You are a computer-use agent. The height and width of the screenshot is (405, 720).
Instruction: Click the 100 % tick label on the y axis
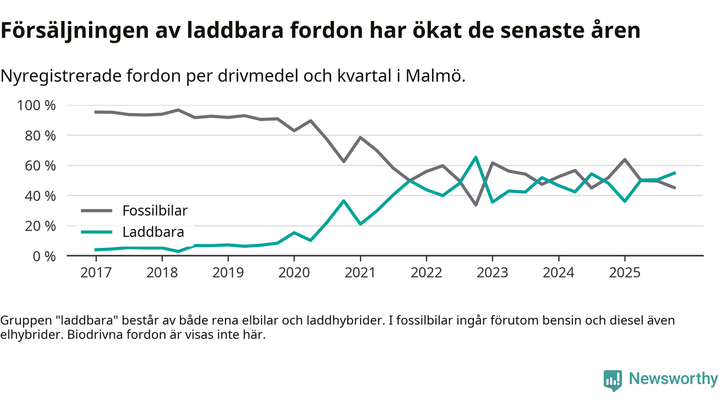point(37,105)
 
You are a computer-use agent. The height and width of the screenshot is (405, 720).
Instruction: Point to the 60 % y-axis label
point(40,165)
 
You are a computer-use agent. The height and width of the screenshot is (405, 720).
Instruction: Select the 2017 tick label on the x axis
point(96,272)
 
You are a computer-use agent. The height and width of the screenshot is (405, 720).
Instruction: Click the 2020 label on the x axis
point(294,272)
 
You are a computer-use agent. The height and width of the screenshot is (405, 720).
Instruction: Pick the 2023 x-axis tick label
point(492,272)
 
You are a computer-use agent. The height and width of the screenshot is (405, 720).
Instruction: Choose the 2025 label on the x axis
point(624,272)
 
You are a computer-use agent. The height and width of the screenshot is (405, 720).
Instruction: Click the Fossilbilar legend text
point(155,211)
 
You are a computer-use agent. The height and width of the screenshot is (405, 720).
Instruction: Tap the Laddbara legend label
point(153,232)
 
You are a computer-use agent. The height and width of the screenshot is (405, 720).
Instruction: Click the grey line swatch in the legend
point(97,211)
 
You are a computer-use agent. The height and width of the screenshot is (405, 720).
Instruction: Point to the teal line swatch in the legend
point(97,232)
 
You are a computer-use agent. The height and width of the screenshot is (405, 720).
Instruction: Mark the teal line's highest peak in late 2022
point(476,157)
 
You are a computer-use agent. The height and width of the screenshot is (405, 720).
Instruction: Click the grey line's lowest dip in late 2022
point(476,205)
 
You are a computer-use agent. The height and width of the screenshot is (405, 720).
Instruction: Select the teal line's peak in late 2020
point(344,201)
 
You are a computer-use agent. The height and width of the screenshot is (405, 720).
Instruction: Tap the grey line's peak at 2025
point(624,160)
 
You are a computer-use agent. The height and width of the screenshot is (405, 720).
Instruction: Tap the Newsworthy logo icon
point(613,380)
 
